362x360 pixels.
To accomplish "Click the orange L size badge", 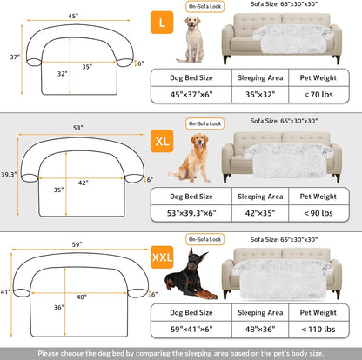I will tap(164, 19).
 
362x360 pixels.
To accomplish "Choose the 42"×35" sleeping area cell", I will tap(264, 213).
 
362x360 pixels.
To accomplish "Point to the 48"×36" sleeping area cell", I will tap(264, 330).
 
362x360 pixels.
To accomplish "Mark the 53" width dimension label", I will tap(79, 128).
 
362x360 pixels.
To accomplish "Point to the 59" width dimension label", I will tap(79, 244).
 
